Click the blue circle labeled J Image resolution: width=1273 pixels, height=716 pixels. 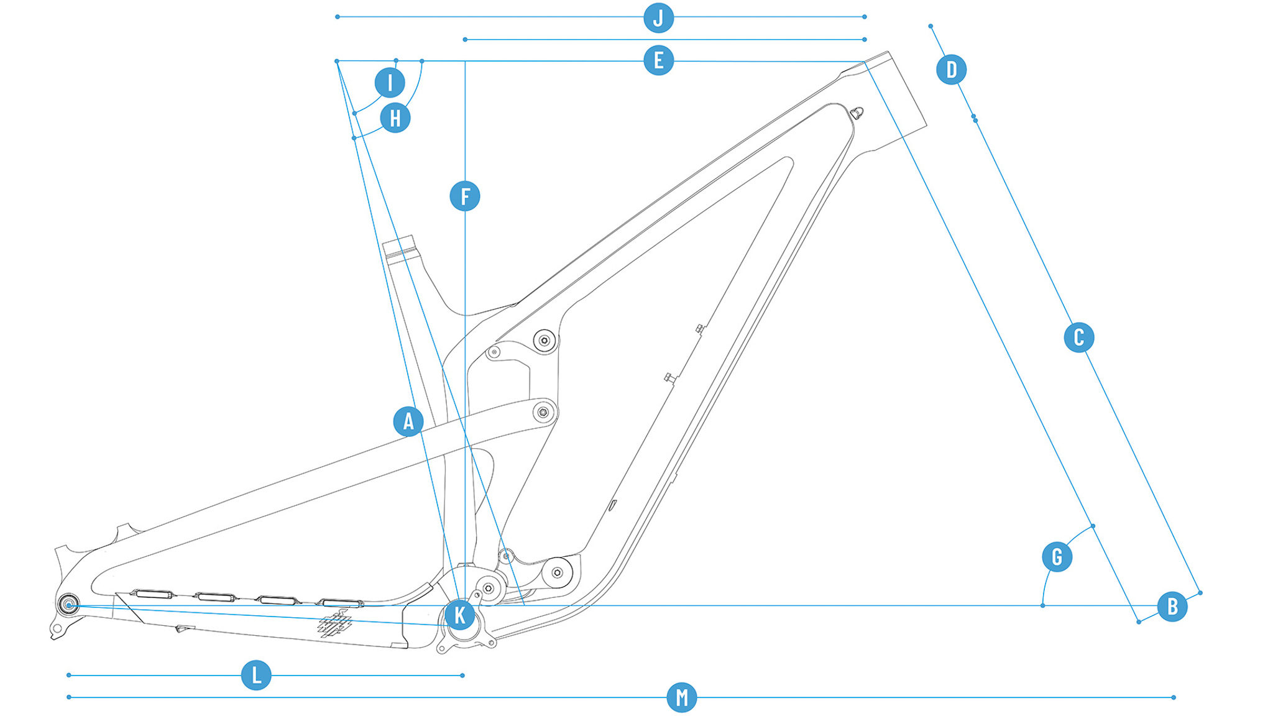click(658, 17)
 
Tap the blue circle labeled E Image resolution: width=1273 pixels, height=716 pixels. click(658, 60)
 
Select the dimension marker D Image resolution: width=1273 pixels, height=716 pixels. click(951, 69)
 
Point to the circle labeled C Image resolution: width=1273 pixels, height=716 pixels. click(1078, 337)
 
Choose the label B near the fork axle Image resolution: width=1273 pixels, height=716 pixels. click(1172, 606)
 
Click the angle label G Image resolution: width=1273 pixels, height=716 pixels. click(1057, 556)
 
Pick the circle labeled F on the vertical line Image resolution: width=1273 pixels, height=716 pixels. click(465, 196)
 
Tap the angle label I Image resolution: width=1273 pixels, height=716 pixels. click(390, 82)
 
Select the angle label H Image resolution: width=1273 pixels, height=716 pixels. click(395, 117)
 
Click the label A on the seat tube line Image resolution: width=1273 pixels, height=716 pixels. click(408, 421)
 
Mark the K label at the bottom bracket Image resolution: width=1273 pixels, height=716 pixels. click(460, 615)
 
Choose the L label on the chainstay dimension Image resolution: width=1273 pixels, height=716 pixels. click(256, 675)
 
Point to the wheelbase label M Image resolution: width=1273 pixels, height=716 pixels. click(681, 697)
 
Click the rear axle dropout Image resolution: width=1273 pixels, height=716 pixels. click(68, 604)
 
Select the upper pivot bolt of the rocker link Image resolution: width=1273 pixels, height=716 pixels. click(545, 340)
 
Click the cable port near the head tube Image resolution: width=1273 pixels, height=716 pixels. click(857, 113)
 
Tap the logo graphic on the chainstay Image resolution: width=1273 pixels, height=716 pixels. click(335, 623)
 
